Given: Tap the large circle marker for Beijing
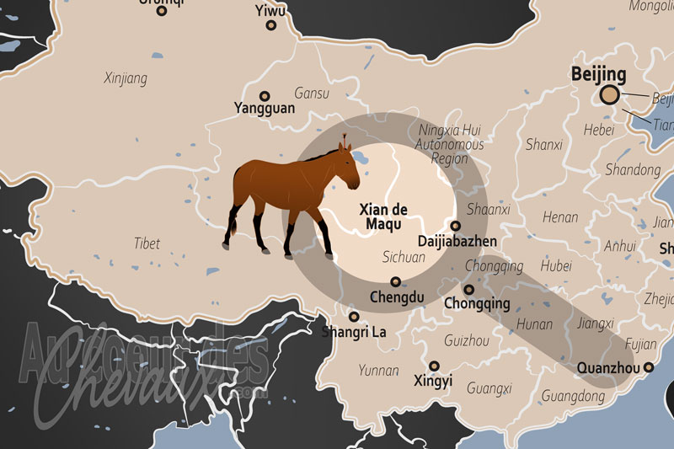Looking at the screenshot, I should (x=610, y=95).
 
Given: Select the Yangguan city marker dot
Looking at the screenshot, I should (x=265, y=96).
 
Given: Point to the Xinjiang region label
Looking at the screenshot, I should (x=126, y=79).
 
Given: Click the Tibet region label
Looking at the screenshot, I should (x=147, y=243).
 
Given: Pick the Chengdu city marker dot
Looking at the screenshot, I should (x=396, y=282).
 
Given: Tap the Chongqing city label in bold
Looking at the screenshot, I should (x=477, y=304).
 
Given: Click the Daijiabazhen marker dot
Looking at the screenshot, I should (x=456, y=226).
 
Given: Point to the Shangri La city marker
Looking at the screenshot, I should (x=354, y=317).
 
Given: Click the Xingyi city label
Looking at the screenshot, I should (x=433, y=381).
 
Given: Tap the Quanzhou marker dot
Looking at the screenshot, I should (x=648, y=367).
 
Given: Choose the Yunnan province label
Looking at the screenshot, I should (x=379, y=370).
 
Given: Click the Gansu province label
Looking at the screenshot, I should (x=311, y=94).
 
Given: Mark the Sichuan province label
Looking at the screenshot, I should (x=404, y=257).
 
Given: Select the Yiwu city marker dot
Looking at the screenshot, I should (x=270, y=25).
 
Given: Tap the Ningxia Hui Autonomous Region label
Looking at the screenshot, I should (x=451, y=144).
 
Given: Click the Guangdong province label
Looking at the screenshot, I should (x=572, y=395).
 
